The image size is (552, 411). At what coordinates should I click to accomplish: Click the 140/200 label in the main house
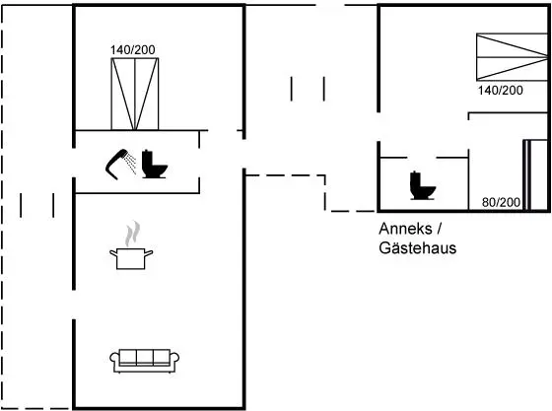(x=133, y=50)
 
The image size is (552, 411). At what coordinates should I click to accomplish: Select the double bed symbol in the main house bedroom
(x=135, y=94)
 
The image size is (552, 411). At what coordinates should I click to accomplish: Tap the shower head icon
(x=116, y=165)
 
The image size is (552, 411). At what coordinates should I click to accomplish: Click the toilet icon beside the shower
(x=154, y=164)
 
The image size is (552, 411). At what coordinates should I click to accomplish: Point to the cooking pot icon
(x=131, y=258)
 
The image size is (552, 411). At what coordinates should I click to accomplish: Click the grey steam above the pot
(x=133, y=234)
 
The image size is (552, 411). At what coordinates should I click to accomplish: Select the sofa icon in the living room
(x=144, y=361)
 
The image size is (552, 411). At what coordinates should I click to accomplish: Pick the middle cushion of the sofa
(x=145, y=357)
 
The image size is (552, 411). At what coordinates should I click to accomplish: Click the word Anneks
(x=405, y=229)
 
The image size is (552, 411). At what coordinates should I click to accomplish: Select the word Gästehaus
(x=418, y=248)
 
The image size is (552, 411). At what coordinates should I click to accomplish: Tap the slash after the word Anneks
(x=439, y=229)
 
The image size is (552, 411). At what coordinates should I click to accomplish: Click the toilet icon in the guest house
(x=423, y=185)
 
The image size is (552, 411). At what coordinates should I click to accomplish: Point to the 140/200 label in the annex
(x=501, y=91)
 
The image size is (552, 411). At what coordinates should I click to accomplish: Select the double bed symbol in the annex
(x=513, y=57)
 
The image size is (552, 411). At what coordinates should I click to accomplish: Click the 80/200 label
(x=501, y=202)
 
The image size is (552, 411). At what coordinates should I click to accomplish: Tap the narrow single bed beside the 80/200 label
(x=535, y=175)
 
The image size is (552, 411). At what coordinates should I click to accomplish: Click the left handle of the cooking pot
(x=113, y=252)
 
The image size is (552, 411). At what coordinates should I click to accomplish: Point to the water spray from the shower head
(x=131, y=163)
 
